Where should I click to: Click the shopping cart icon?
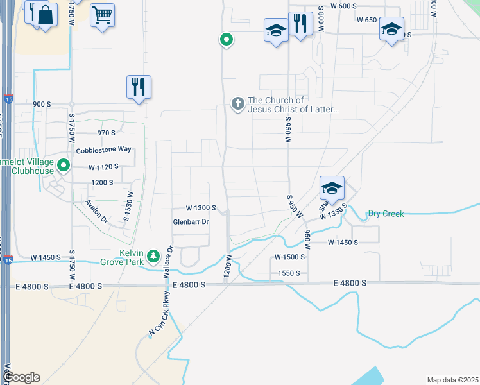[x=102, y=14]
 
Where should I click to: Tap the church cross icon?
[x=238, y=104]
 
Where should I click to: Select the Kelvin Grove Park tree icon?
[x=153, y=256]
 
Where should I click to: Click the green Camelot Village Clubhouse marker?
[x=64, y=166]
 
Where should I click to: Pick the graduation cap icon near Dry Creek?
[x=332, y=188]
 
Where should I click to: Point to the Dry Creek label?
[x=386, y=214]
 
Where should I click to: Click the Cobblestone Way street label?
[x=103, y=150]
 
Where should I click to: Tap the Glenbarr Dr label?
[x=191, y=222]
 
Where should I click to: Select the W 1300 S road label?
[x=201, y=208]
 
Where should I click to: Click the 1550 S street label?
[x=289, y=273]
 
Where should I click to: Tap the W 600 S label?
[x=343, y=6]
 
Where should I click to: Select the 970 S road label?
[x=106, y=133]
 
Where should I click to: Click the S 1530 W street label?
[x=128, y=206]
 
